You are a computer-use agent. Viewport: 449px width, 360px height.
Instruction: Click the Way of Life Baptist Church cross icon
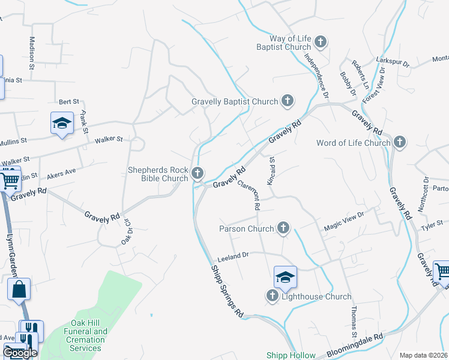click(x=321, y=41)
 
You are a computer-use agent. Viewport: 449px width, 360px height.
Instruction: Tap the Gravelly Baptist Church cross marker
click(x=288, y=101)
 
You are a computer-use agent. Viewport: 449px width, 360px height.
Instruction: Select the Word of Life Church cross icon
click(x=400, y=143)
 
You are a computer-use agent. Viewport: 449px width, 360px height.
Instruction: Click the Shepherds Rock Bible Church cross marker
click(x=197, y=174)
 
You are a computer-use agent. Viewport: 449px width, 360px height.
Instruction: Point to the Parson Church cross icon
click(x=283, y=228)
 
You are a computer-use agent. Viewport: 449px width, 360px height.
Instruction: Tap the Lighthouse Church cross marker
click(x=273, y=296)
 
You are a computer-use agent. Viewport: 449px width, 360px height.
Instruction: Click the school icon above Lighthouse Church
click(x=285, y=277)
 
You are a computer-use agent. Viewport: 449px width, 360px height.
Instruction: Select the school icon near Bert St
click(x=62, y=123)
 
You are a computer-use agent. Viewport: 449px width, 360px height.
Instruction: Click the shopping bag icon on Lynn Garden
click(x=19, y=289)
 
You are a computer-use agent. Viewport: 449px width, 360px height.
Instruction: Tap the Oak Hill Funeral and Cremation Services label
click(x=85, y=340)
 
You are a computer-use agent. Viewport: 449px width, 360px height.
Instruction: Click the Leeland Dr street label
click(x=233, y=255)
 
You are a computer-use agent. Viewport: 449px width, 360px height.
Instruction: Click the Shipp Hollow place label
click(x=291, y=355)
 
